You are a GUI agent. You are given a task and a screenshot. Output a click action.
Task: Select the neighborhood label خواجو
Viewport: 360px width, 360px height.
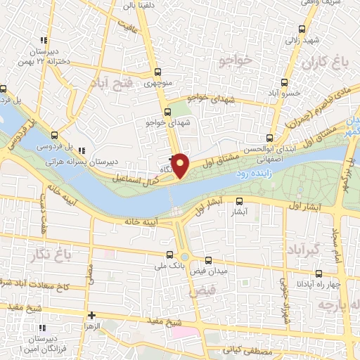tap(235, 61)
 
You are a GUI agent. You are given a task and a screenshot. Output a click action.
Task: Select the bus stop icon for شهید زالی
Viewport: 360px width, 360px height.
tap(302, 29)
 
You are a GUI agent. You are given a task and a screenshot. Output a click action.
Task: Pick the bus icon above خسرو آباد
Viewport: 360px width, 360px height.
tap(283, 82)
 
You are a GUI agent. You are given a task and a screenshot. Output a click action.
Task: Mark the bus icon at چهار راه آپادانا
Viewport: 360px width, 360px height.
tap(319, 273)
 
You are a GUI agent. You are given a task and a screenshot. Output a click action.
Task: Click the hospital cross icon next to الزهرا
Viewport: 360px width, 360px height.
tap(91, 316)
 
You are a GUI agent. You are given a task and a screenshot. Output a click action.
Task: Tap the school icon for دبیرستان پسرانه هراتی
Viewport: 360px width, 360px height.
tap(82, 150)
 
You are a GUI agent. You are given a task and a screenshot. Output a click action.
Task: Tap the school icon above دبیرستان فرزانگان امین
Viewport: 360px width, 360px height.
tap(41, 328)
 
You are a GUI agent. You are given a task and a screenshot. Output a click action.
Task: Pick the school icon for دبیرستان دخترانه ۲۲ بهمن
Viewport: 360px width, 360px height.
tap(43, 40)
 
